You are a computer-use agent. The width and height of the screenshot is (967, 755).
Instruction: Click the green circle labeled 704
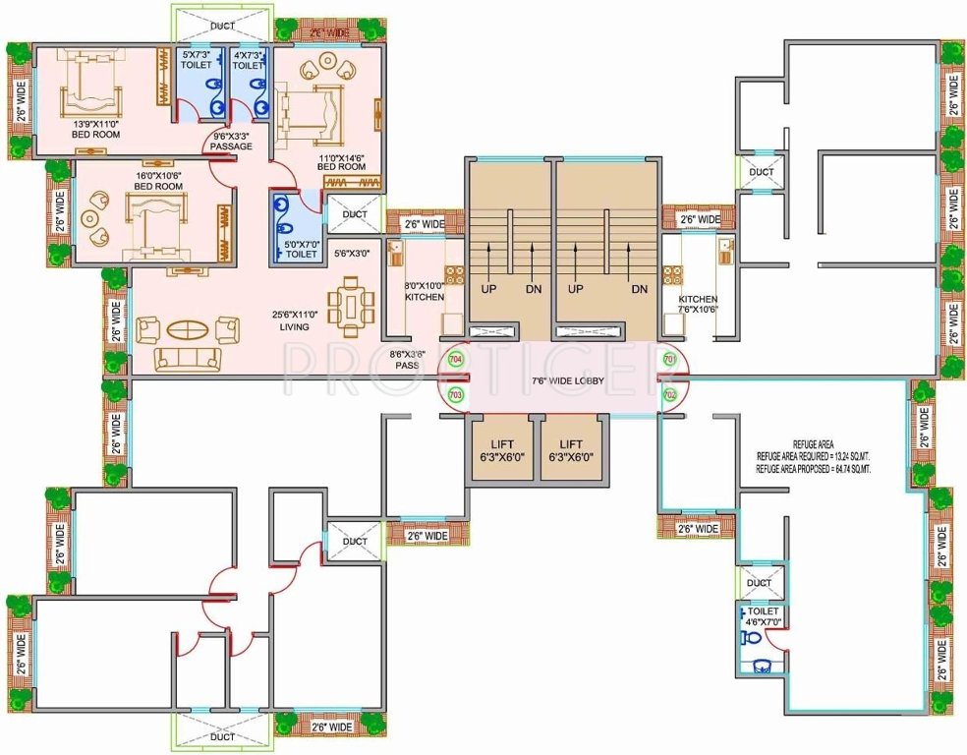click(455, 360)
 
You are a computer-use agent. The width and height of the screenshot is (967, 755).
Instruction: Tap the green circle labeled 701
click(670, 360)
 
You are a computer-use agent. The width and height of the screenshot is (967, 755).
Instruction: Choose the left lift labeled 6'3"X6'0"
click(502, 450)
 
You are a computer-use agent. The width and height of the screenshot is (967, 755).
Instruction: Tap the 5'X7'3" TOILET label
click(202, 60)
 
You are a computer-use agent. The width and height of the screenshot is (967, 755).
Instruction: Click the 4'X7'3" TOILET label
click(249, 60)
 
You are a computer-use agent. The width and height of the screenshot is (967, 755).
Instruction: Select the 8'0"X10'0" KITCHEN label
click(425, 291)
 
